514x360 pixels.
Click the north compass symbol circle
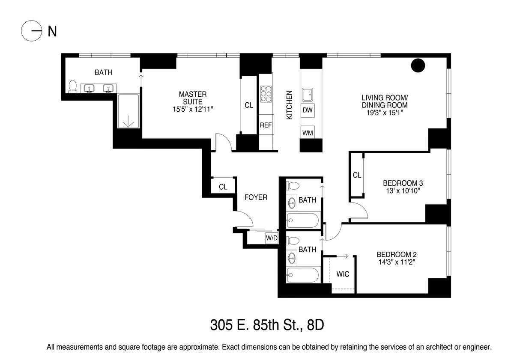click(x=32, y=31)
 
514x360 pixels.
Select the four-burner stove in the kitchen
click(x=266, y=94)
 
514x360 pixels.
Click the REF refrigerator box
click(x=266, y=125)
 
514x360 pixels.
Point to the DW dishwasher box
click(x=308, y=110)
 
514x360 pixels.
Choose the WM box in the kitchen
click(x=308, y=133)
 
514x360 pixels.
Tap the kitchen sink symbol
click(x=308, y=94)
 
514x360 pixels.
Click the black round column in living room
click(x=418, y=65)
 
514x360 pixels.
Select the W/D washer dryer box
click(x=272, y=238)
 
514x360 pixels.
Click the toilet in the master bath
click(x=73, y=86)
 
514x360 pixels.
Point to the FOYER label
click(x=256, y=197)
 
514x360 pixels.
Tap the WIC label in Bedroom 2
click(x=343, y=274)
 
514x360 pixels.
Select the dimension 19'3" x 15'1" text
click(x=384, y=113)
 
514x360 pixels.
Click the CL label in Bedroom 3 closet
click(x=357, y=175)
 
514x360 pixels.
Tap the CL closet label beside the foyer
click(x=223, y=187)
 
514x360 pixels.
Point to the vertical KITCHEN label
click(x=290, y=105)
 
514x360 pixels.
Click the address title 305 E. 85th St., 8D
click(x=266, y=325)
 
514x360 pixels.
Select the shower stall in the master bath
click(x=128, y=111)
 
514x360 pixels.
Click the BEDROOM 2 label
click(x=397, y=254)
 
